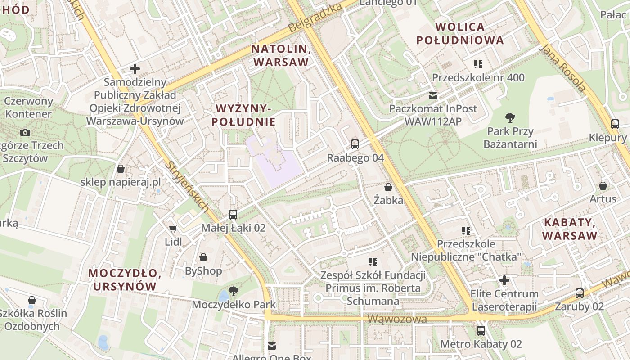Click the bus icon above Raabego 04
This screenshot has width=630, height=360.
355,144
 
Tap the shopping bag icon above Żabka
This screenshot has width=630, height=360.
388,187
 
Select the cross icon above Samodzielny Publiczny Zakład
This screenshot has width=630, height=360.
135,69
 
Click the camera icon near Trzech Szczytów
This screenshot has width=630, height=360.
25,132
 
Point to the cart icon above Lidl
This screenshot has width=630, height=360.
173,229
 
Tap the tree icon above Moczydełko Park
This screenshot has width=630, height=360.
233,291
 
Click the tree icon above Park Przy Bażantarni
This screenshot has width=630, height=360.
510,118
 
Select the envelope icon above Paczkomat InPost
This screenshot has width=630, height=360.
433,95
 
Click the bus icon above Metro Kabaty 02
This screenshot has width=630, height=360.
481,331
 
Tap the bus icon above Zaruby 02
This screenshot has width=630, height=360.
580,293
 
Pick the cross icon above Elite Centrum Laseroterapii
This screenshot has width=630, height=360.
504,280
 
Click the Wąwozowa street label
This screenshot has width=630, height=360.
397,319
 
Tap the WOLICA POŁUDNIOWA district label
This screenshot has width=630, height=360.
460,33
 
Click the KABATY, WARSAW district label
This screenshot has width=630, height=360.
570,229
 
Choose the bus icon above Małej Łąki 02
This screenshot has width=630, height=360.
233,215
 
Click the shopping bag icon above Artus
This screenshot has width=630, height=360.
603,186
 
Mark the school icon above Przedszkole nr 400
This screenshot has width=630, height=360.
478,64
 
